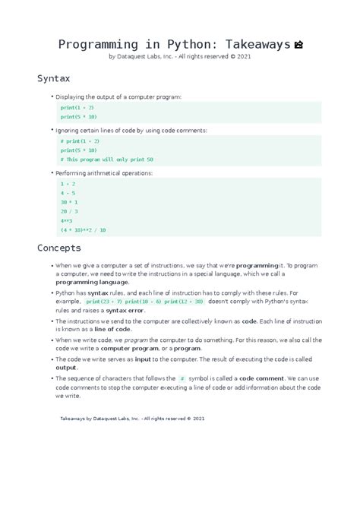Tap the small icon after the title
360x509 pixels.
(x=298, y=45)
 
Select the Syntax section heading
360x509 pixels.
(x=53, y=78)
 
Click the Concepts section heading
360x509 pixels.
(x=60, y=248)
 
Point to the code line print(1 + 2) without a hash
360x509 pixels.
(x=77, y=108)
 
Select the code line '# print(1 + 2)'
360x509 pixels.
(x=80, y=141)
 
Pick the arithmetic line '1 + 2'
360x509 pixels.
(x=68, y=184)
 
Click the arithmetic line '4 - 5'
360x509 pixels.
(x=68, y=193)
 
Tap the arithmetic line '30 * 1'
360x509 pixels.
(x=69, y=202)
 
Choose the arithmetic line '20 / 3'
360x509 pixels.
(x=69, y=211)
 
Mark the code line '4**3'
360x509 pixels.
(x=67, y=220)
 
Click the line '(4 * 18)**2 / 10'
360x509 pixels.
(x=84, y=229)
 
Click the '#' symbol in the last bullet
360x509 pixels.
(x=182, y=378)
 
